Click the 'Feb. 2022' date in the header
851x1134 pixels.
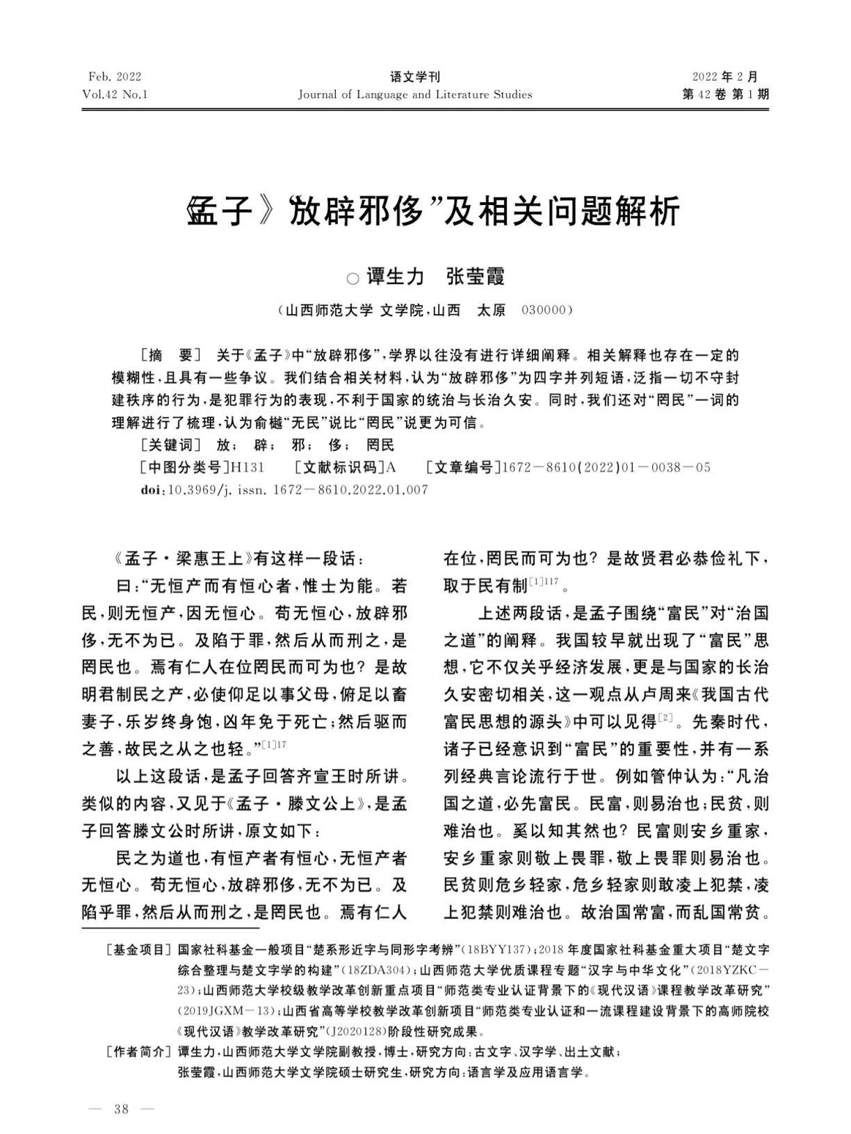(x=115, y=76)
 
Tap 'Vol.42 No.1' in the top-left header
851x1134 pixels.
(x=115, y=94)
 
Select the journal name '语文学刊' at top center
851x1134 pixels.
(x=415, y=76)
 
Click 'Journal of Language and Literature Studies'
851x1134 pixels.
(x=415, y=94)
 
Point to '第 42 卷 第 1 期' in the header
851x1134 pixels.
(x=726, y=94)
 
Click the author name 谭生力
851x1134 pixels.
(x=395, y=277)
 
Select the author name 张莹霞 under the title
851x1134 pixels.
(x=476, y=277)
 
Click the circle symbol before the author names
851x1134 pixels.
(x=352, y=279)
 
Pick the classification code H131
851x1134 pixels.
(x=247, y=468)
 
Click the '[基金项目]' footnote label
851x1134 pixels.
(x=138, y=950)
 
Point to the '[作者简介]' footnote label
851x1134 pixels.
(x=138, y=1052)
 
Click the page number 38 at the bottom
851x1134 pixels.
(x=122, y=1109)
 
